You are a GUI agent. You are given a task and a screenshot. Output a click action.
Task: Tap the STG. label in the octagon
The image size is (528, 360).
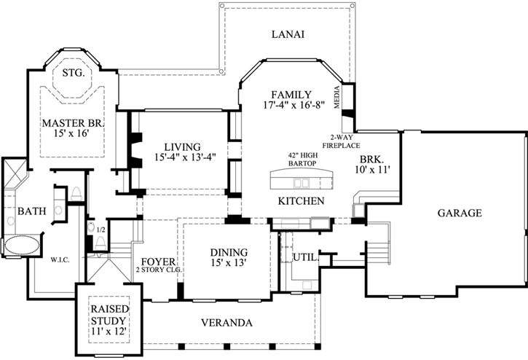(x=73, y=74)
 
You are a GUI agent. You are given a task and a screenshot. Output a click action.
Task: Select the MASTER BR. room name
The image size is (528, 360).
(x=72, y=123)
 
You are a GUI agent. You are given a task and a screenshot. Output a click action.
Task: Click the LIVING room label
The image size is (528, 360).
(x=182, y=146)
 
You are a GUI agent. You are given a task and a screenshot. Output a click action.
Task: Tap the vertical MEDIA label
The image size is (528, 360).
(x=337, y=98)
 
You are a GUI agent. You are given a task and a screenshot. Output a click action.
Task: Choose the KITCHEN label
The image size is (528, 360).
(x=300, y=200)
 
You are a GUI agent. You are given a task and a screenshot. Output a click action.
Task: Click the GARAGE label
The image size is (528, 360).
(x=460, y=214)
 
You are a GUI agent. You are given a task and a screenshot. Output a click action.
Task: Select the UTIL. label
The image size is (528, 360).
(x=303, y=257)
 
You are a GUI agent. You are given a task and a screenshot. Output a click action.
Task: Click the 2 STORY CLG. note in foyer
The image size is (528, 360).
(x=157, y=270)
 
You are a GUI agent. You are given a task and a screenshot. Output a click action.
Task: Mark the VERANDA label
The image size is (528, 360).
(x=226, y=322)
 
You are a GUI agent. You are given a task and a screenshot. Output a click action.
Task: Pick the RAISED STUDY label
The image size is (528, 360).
(x=109, y=315)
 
